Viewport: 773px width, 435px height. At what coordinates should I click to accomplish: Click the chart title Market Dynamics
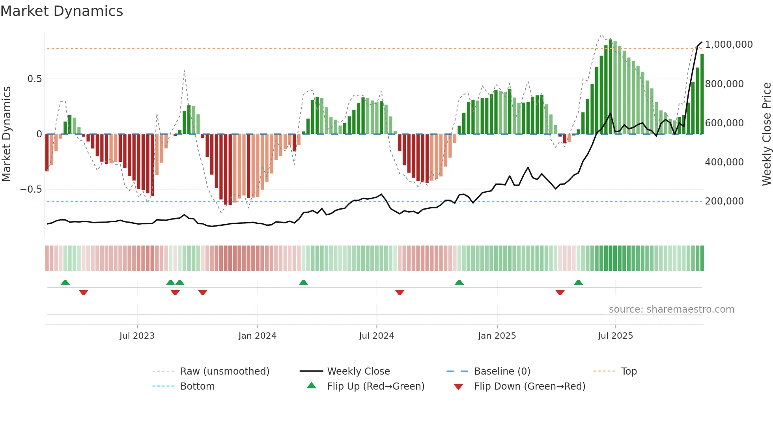pos(62,11)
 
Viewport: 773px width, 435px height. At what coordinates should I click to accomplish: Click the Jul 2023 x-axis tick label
pos(137,336)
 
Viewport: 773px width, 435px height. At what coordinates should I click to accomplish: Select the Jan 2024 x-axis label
pos(257,336)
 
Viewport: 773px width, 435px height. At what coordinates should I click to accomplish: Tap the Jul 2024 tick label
pos(376,336)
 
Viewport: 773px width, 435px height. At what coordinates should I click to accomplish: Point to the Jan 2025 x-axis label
pos(497,336)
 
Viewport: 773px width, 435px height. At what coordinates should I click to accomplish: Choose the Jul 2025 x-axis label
pos(615,336)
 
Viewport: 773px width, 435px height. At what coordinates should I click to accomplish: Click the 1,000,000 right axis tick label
pos(729,45)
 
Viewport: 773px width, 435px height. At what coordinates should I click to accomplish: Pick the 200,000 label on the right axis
pos(724,201)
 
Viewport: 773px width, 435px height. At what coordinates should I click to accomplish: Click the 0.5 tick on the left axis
pos(34,79)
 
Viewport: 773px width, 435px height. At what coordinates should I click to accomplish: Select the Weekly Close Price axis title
pos(766,134)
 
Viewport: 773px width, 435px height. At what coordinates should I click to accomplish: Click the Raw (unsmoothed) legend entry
pos(224,371)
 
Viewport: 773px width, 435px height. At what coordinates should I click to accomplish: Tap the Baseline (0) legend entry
pos(502,371)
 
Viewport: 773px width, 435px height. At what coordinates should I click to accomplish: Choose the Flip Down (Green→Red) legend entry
pos(529,386)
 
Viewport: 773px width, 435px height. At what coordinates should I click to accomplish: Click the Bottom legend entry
pos(197,386)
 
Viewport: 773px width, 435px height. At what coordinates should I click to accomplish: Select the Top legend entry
pos(629,371)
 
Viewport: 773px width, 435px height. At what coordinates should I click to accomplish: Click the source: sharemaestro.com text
pos(671,309)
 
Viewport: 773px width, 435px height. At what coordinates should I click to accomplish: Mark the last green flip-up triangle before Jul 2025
pos(578,283)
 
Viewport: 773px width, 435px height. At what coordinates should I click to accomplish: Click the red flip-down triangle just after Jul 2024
pos(400,292)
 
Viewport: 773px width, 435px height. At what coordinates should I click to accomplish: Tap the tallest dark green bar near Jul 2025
pos(611,87)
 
